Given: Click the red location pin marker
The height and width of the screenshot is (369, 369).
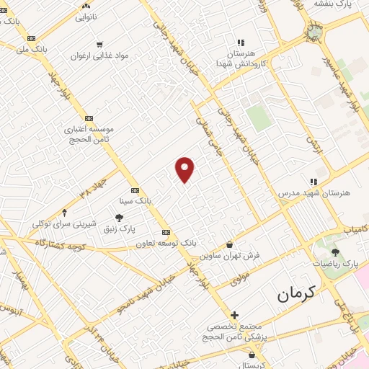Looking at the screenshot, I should click(185, 169).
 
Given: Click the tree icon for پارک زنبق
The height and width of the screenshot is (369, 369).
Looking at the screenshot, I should click(119, 218).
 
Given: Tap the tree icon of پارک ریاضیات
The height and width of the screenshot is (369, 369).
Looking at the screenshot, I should click(335, 252).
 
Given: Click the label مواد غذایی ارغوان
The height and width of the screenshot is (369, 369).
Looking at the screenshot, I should click(99, 55).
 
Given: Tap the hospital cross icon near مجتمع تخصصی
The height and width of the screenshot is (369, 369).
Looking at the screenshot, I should click(234, 315).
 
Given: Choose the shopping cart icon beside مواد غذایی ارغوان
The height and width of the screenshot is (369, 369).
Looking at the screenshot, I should click(99, 43).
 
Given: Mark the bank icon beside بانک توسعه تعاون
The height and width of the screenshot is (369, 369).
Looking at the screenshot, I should click(166, 232).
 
